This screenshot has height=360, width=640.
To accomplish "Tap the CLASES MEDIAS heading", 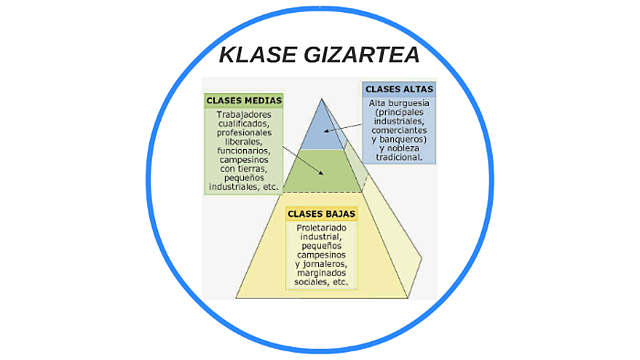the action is coord(243,101).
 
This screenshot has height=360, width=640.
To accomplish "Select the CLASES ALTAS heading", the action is coord(399,90).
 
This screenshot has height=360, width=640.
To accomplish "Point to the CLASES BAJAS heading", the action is coord(321,214).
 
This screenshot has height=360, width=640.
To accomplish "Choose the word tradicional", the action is coord(401,157).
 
